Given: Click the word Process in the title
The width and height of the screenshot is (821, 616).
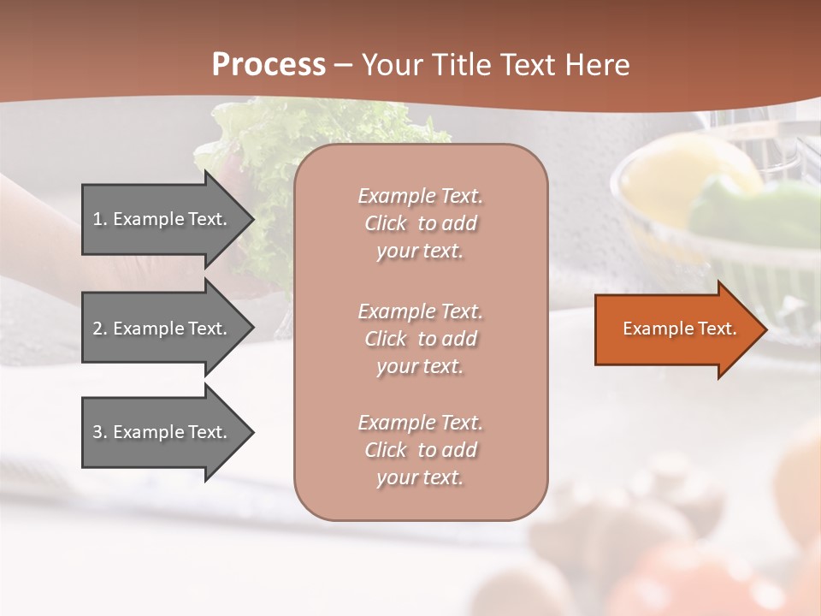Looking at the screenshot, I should click(269, 64).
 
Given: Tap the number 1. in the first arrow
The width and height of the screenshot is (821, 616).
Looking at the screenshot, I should click(100, 219).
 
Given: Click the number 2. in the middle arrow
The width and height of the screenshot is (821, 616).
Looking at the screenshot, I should click(100, 329).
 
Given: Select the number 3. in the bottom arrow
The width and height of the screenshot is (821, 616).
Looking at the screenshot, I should click(100, 432).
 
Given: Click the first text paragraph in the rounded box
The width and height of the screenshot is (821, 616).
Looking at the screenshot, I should click(420, 223).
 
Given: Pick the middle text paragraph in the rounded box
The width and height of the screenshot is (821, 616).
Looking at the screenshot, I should click(420, 338).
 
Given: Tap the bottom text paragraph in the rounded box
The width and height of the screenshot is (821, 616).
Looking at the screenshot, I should click(420, 450).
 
